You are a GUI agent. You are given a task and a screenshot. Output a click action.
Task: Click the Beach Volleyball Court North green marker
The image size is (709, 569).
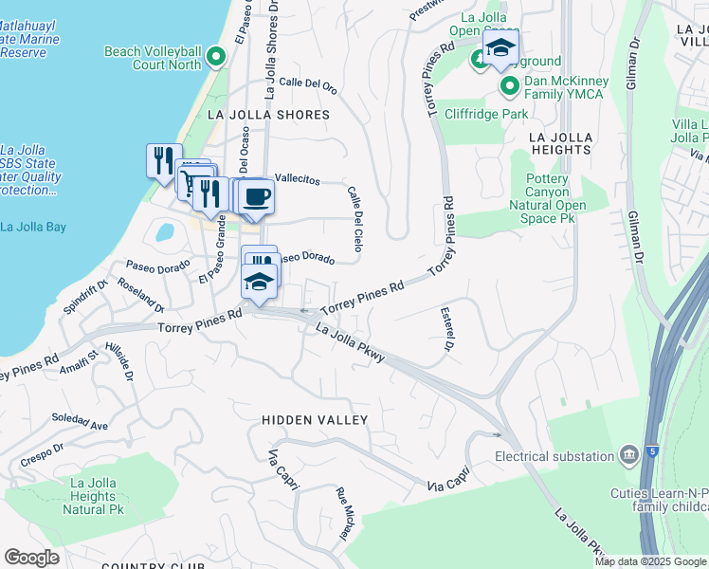point(215,59)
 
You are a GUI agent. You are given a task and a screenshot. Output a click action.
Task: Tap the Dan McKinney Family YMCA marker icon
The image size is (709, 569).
point(509,87)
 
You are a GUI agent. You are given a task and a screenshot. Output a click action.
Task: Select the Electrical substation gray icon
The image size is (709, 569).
point(627,456)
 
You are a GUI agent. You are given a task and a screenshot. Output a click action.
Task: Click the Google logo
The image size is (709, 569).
point(31,558)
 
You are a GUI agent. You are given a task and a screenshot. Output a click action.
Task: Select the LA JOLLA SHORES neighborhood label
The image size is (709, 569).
point(268,115)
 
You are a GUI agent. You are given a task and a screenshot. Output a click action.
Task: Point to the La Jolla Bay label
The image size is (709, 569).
point(33,227)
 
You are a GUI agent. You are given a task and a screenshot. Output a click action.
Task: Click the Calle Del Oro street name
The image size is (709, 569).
point(308,84)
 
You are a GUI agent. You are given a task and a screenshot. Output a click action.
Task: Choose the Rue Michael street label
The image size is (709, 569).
point(344,513)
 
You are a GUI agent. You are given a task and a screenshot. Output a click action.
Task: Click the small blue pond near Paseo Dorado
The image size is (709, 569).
point(164,231)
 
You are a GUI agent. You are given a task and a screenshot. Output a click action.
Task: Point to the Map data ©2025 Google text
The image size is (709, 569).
point(650,561)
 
